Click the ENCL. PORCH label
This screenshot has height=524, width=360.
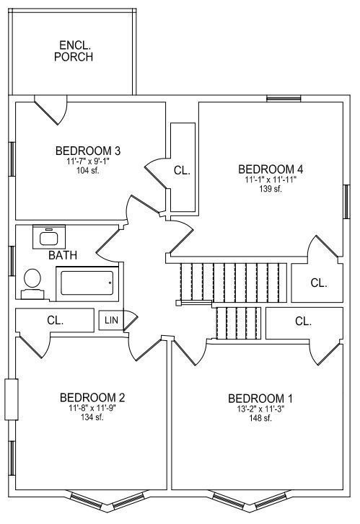[74, 50]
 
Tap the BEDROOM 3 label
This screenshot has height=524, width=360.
[88, 151]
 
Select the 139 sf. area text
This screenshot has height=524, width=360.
[271, 188]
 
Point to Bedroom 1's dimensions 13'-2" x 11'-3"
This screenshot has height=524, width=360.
[260, 409]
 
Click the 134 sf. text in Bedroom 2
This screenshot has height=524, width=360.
[92, 417]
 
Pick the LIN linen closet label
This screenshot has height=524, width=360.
[111, 320]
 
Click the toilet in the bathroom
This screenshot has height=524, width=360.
[32, 284]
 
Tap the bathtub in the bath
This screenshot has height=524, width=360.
[87, 283]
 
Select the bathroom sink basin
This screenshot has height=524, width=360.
[49, 238]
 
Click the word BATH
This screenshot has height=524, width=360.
[63, 255]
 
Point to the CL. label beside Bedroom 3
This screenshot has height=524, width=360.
[182, 170]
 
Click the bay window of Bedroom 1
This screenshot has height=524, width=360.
[248, 500]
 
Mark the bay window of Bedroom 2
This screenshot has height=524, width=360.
[107, 500]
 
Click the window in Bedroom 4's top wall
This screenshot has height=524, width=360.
[284, 99]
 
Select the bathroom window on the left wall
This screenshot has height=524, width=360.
[12, 261]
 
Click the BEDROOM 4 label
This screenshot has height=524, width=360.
[271, 169]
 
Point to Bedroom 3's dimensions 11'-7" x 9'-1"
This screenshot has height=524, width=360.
[88, 161]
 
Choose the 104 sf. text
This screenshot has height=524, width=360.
[88, 170]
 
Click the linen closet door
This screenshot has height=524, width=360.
[131, 320]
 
